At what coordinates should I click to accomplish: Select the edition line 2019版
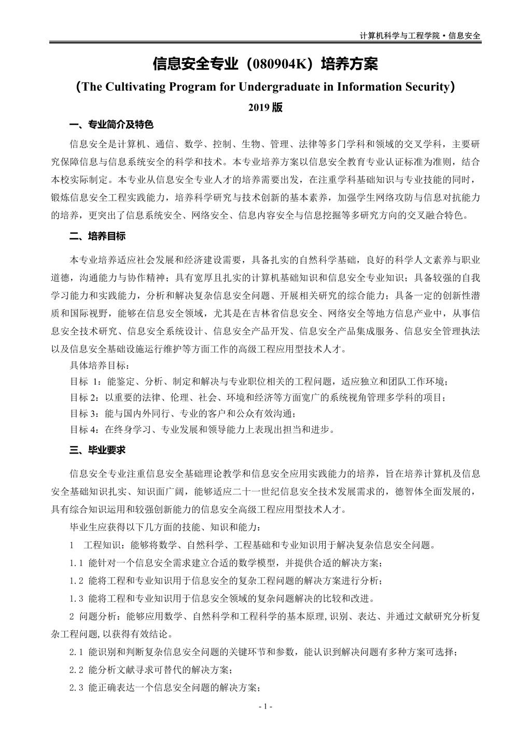[x=265, y=107]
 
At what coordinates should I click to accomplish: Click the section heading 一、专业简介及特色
[x=111, y=125]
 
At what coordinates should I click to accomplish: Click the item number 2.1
[x=76, y=652]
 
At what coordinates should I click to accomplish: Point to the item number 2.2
[x=76, y=670]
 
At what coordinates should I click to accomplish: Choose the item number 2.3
[x=76, y=688]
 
